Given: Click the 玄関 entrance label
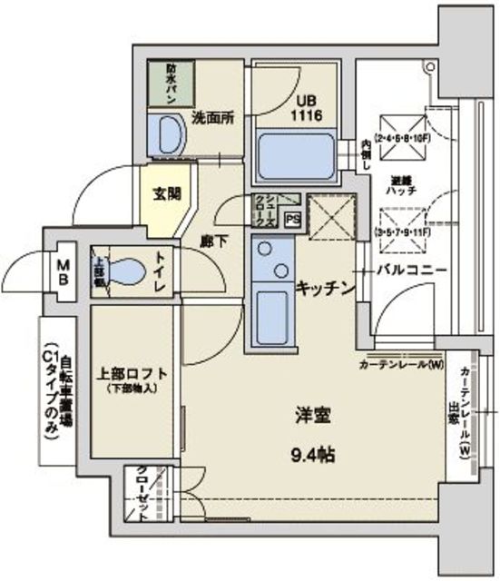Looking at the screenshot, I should click(x=166, y=193).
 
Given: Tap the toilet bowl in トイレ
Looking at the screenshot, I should click(x=129, y=271).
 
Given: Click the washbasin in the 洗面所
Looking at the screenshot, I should click(x=168, y=137).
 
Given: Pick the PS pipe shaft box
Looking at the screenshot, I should click(x=292, y=219).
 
